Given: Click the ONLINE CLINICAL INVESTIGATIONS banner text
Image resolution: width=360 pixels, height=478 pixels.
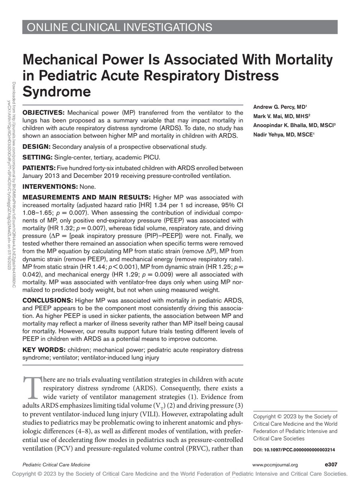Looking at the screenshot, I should click(x=119, y=27).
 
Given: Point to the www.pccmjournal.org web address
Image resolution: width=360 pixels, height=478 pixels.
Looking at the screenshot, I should click(x=275, y=464).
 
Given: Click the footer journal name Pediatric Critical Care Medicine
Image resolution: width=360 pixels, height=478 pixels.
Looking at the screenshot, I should click(x=56, y=464).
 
